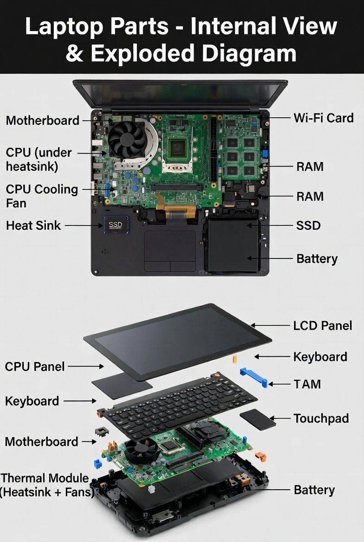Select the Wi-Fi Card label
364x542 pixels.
[324, 118]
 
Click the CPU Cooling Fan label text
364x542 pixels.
[42, 196]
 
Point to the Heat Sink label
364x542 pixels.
[33, 226]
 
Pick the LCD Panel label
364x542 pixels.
[323, 326]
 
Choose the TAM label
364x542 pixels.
[307, 384]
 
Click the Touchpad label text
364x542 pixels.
[321, 418]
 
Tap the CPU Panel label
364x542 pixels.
[35, 367]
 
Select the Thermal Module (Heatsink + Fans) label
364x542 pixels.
[47, 485]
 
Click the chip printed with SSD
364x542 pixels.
[116, 225]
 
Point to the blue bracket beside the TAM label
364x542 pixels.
[254, 377]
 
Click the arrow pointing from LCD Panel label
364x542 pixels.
[270, 326]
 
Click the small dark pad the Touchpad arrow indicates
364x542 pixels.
[258, 419]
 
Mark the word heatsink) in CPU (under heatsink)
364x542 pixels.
[32, 167]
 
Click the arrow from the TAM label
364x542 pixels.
[279, 384]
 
